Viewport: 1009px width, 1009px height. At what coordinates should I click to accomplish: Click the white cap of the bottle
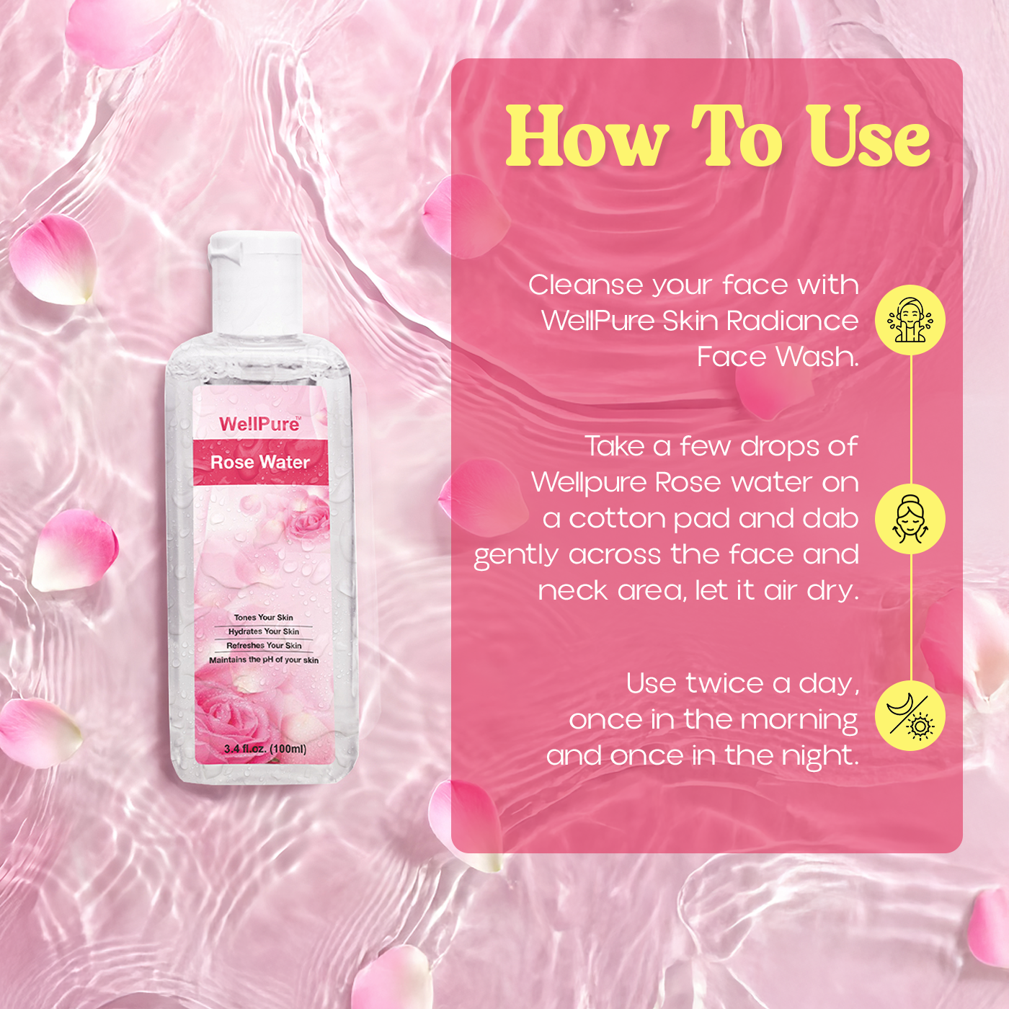pos(256,281)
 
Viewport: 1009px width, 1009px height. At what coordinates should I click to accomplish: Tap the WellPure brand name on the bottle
pos(259,424)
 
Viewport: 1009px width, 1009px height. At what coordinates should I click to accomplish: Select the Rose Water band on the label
pos(260,462)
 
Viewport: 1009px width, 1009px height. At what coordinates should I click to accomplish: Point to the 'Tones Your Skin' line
pos(263,618)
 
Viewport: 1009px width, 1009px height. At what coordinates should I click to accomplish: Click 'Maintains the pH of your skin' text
pos(264,659)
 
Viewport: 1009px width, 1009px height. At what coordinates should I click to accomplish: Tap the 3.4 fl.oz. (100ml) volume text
pos(265,749)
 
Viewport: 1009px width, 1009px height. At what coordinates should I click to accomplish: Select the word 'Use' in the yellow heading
pos(868,136)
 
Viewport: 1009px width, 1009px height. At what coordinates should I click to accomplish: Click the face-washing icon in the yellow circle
pos(910,320)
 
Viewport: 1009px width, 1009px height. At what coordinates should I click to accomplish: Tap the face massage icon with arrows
pos(910,519)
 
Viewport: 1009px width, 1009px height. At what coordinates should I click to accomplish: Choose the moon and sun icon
pos(910,716)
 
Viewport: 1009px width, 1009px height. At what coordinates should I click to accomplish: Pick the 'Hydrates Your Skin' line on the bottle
pos(264,631)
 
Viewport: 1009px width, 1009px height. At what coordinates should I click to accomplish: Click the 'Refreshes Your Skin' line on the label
pos(264,646)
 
